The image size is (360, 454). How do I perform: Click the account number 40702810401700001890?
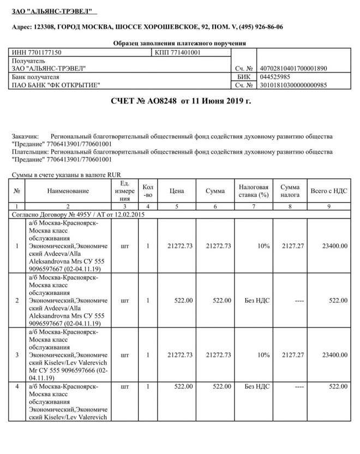click(294, 69)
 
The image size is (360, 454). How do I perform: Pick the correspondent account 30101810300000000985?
click(294, 86)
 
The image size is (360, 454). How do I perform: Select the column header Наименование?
click(68, 191)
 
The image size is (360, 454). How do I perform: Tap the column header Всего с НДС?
click(329, 191)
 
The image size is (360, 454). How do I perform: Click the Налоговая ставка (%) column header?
click(254, 191)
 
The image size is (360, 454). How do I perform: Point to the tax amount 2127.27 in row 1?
click(292, 246)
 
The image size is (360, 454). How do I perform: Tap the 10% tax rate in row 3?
click(263, 355)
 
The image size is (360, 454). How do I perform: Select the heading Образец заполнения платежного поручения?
click(179, 43)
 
